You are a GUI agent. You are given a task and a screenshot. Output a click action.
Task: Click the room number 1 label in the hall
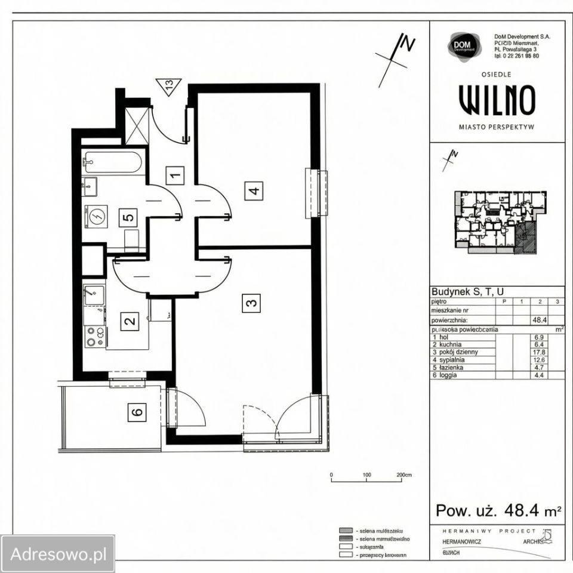point(175,175)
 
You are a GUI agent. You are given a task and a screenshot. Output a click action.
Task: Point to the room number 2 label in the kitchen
point(128,322)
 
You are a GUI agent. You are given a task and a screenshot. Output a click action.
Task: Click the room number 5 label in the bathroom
point(128,216)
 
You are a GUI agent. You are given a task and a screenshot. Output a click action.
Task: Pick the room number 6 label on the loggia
point(137,412)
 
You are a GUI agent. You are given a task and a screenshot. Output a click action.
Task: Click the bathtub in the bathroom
point(113,162)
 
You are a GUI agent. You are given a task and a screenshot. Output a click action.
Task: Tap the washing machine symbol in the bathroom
point(96,215)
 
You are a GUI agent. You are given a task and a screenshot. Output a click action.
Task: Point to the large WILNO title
point(497,100)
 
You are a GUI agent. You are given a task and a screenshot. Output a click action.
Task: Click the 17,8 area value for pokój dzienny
point(539,352)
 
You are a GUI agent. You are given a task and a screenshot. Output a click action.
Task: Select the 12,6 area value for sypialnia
point(539,360)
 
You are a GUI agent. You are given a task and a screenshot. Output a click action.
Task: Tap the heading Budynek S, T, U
point(467,291)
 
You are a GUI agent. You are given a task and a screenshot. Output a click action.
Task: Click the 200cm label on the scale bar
point(404,476)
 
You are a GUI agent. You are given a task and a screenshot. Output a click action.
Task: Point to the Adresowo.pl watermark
point(58,553)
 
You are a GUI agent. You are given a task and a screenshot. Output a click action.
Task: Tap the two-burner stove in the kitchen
point(94,338)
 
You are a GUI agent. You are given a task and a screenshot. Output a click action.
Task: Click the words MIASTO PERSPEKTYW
point(497,127)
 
